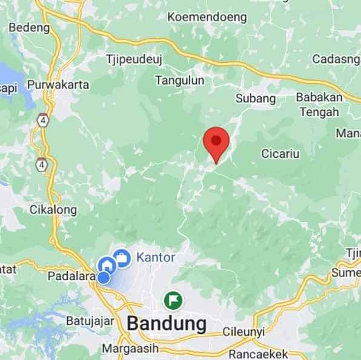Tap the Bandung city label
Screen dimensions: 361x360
tap(167, 323)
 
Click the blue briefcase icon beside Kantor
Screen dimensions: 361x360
tap(122, 258)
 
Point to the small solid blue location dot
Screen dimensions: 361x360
tap(104, 278)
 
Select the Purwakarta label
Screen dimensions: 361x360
tap(59, 84)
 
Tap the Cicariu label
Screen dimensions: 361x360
tap(280, 154)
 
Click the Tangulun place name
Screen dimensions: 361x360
tap(180, 80)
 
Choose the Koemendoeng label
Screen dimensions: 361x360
tap(207, 17)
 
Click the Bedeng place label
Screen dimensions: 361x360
tap(28, 28)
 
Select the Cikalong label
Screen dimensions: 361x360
tap(53, 210)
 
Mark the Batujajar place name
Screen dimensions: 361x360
tap(90, 321)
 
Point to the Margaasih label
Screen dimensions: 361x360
tap(130, 349)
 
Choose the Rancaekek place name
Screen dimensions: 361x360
tap(259, 353)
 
